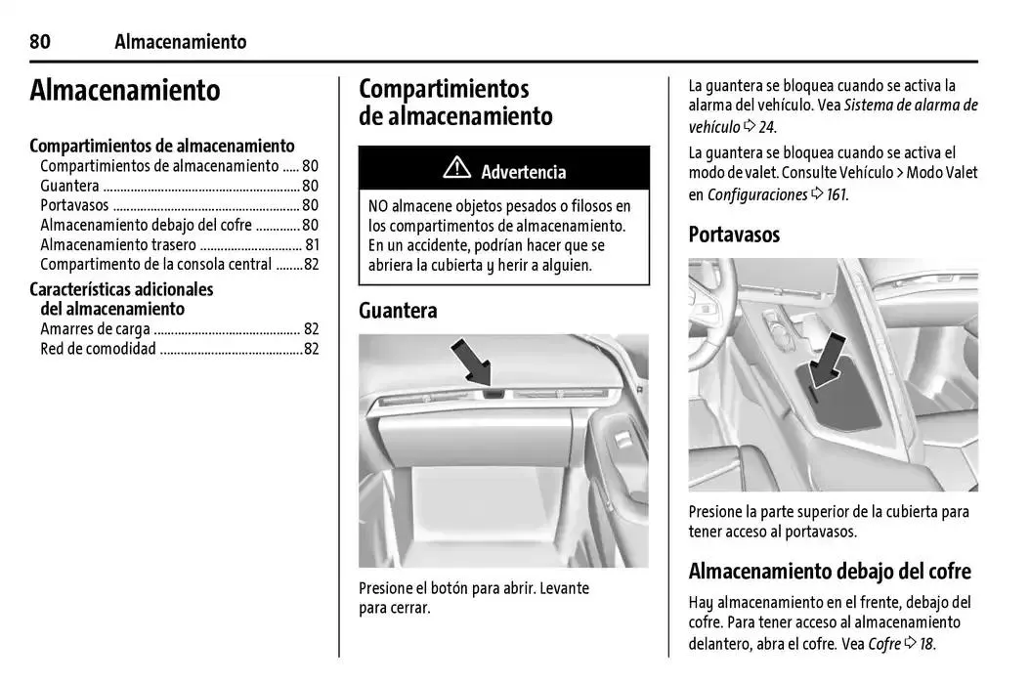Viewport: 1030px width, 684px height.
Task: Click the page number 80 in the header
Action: [40, 41]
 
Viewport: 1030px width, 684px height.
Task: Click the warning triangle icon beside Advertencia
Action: [456, 169]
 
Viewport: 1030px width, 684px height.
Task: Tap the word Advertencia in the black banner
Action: [523, 172]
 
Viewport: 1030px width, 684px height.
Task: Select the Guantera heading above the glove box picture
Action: [398, 311]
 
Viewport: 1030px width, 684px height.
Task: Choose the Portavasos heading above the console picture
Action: [734, 235]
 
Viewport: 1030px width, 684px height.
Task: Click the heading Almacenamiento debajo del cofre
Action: [830, 571]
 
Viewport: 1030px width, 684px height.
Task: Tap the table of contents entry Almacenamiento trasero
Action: [118, 245]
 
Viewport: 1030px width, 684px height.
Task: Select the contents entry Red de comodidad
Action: [98, 349]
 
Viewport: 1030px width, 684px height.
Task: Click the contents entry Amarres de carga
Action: [95, 329]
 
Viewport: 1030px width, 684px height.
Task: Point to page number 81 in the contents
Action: [312, 245]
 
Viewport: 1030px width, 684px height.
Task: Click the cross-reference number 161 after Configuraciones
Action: [836, 194]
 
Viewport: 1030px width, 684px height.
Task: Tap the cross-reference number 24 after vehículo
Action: [767, 127]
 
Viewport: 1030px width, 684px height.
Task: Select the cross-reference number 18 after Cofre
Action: [926, 644]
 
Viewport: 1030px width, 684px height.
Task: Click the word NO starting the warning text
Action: [378, 206]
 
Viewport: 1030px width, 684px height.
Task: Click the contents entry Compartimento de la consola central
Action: [156, 265]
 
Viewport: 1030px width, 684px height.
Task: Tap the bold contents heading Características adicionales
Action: [121, 289]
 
